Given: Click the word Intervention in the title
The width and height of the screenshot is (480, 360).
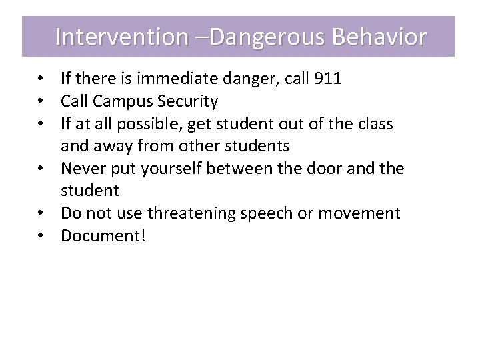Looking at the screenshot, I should (x=121, y=37).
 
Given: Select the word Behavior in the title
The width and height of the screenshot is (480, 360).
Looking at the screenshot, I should (x=378, y=37).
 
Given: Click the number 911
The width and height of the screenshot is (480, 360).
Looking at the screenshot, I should (x=327, y=79).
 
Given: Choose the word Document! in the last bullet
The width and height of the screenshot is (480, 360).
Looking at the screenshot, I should (x=103, y=236).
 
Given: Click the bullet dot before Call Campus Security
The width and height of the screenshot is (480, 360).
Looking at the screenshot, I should (x=42, y=101).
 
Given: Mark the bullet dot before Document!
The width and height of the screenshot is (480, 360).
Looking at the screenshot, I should (x=42, y=236).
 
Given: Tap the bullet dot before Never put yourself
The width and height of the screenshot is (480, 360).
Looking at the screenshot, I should (x=42, y=169).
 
